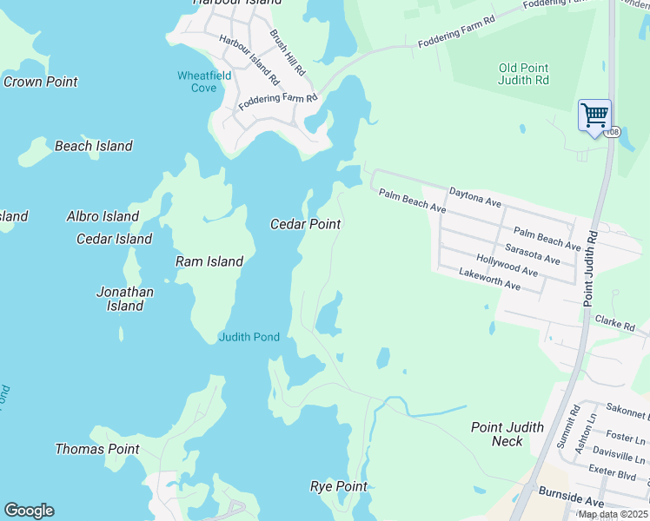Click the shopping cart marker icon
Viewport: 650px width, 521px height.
tap(594, 115)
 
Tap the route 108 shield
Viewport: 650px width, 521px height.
tap(614, 132)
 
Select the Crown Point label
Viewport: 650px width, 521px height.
tap(41, 82)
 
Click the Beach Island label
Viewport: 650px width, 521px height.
tap(94, 146)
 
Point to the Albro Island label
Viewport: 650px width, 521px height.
tap(103, 216)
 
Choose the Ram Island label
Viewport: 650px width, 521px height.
tap(209, 260)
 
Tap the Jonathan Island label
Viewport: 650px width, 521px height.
tap(125, 299)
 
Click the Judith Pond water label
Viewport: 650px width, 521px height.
tap(249, 337)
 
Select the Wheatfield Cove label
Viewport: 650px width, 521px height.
tap(204, 82)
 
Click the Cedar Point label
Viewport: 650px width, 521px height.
tap(305, 224)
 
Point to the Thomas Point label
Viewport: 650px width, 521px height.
tap(97, 449)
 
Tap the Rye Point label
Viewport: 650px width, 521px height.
tap(339, 486)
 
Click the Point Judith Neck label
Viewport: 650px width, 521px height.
tap(507, 433)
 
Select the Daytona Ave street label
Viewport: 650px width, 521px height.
tap(475, 196)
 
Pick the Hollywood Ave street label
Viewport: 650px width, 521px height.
tap(507, 265)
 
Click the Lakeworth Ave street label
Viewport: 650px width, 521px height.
tap(489, 280)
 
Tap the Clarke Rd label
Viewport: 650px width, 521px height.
tap(615, 323)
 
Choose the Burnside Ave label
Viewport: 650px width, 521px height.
tap(570, 502)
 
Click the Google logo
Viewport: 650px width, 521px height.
tap(29, 511)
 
